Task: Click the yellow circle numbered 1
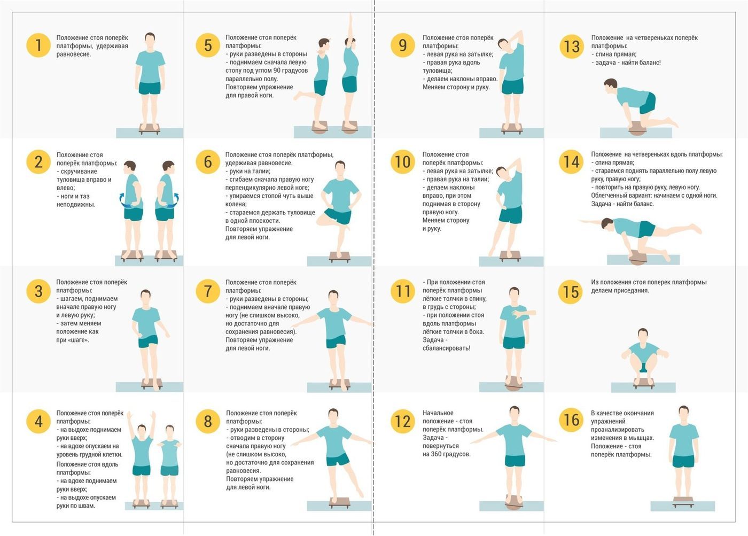pos(38,45)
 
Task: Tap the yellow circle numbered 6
pos(208,161)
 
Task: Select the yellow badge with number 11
pos(403,291)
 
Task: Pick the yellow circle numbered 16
pos(571,420)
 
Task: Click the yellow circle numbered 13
pos(571,46)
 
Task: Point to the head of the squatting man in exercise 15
pos(643,335)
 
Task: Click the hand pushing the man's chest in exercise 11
pos(518,314)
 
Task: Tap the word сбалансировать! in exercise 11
pos(446,348)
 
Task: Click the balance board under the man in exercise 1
pos(149,129)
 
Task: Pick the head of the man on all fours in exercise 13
pos(610,85)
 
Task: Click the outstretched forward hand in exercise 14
pos(582,221)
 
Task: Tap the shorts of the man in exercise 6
pos(338,216)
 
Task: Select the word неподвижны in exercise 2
pos(76,204)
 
